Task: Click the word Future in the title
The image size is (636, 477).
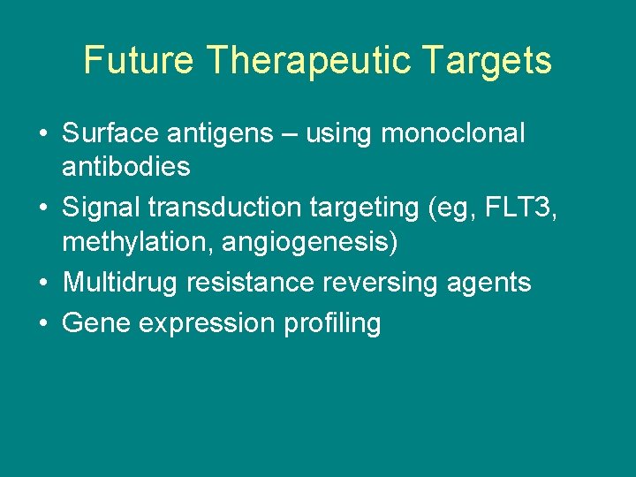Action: pos(139,61)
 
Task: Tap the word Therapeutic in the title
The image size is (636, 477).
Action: pos(309,61)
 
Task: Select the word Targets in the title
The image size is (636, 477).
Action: pos(487,61)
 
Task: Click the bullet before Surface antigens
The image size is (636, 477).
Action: pos(42,134)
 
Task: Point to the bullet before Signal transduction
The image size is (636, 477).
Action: pos(42,208)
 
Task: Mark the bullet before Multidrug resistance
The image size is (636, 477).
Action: pos(42,283)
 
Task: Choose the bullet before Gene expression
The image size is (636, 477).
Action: pos(42,323)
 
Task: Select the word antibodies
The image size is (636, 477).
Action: pos(126,167)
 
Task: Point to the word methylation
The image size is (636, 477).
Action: pos(131,241)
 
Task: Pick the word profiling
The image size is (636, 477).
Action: pos(332,324)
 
